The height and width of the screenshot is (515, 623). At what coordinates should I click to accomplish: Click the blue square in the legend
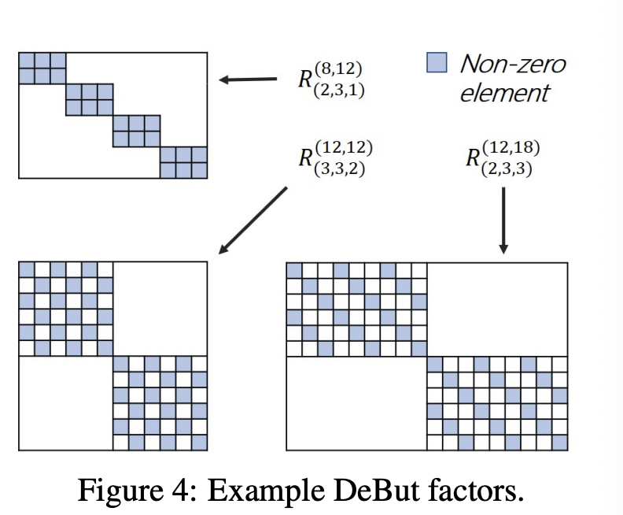pos(436,62)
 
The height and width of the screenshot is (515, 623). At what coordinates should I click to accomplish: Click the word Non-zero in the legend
pos(512,63)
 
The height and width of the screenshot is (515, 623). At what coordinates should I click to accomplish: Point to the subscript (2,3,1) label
pos(337,90)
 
